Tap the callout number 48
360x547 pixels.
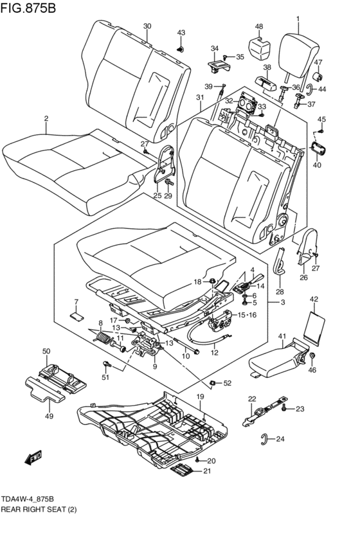coord(259,26)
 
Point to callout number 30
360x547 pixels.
coord(147,26)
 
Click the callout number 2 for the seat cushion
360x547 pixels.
coord(46,118)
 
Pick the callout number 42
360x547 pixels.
coord(314,299)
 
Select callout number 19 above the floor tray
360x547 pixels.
coord(200,397)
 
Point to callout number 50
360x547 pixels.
coord(46,351)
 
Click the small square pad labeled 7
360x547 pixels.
coord(76,315)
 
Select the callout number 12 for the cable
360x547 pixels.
coord(215,352)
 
